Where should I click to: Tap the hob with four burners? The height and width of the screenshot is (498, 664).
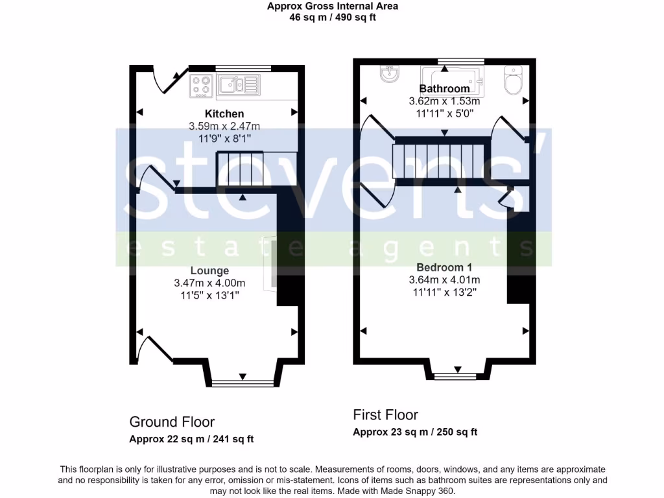(202, 86)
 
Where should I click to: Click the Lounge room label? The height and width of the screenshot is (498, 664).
(209, 270)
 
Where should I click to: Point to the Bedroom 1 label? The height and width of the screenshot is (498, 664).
(444, 267)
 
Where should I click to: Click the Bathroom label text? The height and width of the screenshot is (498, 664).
(444, 89)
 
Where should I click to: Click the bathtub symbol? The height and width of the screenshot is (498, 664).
(451, 77)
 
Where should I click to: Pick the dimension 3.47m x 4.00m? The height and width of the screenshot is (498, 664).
(209, 283)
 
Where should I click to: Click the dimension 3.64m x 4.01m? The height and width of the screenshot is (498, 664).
(444, 279)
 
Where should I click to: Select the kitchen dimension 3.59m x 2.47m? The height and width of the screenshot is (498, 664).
(224, 126)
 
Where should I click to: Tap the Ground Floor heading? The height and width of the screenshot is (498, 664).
(172, 422)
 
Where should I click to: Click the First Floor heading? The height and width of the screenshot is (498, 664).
(385, 414)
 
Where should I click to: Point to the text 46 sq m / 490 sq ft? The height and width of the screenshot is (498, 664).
(333, 18)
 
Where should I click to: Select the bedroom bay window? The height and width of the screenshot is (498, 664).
(457, 375)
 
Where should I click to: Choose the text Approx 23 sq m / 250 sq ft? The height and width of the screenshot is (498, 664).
(415, 432)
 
